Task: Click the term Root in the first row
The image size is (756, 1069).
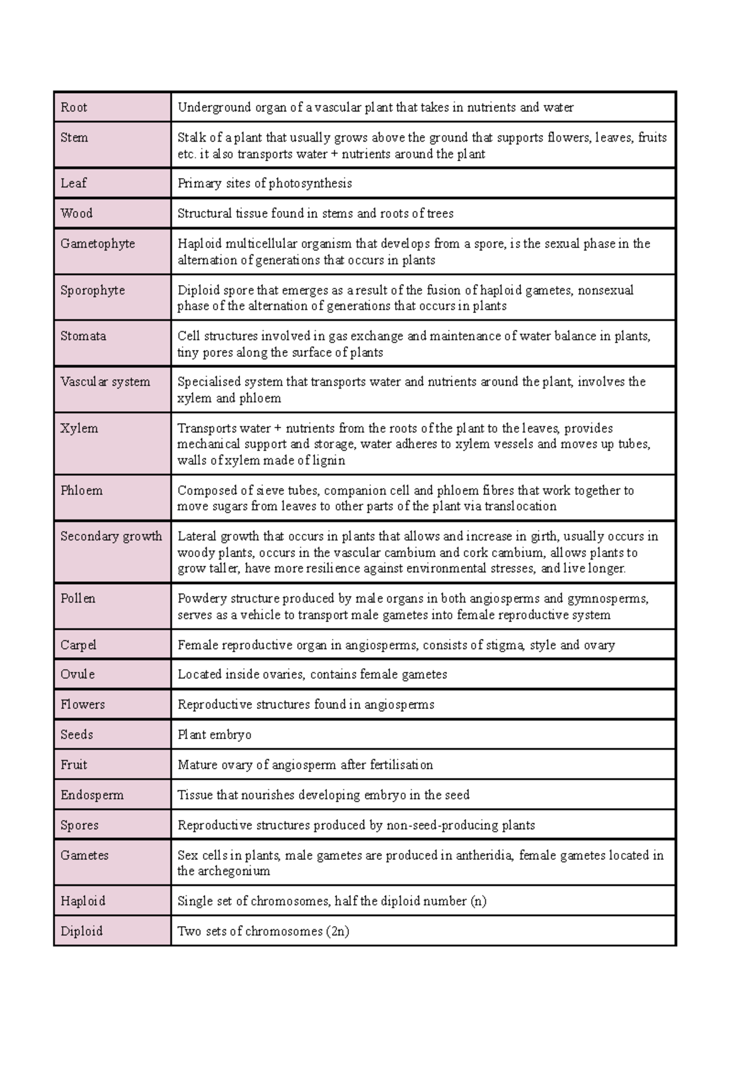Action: (x=74, y=108)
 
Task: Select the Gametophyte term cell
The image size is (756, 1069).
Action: (x=98, y=244)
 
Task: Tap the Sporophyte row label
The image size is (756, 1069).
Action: (x=93, y=290)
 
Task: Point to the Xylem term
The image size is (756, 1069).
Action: (x=79, y=429)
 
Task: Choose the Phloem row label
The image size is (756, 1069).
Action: (x=81, y=490)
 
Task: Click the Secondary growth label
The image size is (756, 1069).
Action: (x=111, y=536)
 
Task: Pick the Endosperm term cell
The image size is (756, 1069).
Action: (x=92, y=795)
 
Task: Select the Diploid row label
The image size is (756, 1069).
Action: (x=81, y=931)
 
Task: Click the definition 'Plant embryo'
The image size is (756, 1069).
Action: (x=214, y=735)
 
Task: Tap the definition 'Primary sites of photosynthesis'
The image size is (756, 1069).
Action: (x=265, y=183)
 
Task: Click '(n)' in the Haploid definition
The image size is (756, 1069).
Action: (x=478, y=901)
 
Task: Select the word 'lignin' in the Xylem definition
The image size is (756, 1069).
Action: (x=329, y=460)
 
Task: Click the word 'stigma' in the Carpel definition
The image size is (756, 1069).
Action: (x=503, y=645)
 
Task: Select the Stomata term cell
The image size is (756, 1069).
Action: (x=83, y=336)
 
